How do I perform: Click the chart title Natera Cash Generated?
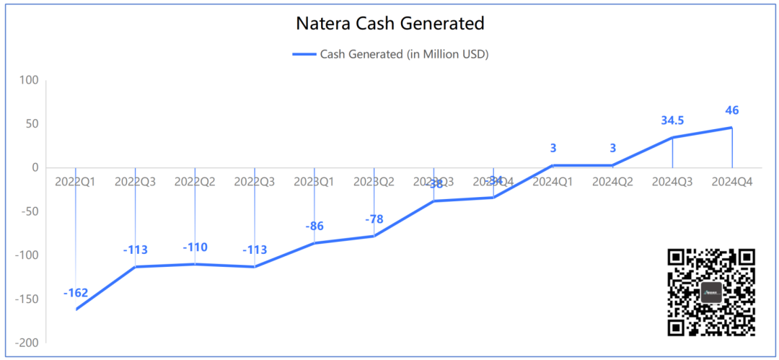389,24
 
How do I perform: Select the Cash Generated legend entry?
390,54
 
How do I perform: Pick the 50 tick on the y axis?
32,123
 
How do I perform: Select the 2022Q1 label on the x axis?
75,182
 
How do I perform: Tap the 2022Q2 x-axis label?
195,182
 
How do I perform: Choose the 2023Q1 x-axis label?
314,182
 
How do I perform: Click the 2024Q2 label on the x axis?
612,182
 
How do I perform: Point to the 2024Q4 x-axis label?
732,182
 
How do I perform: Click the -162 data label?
76,293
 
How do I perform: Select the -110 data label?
195,247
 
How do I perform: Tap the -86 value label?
314,226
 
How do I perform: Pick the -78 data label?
374,219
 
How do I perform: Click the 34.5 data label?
672,120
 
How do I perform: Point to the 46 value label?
732,110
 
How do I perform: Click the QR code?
711,292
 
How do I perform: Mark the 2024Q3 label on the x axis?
672,182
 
